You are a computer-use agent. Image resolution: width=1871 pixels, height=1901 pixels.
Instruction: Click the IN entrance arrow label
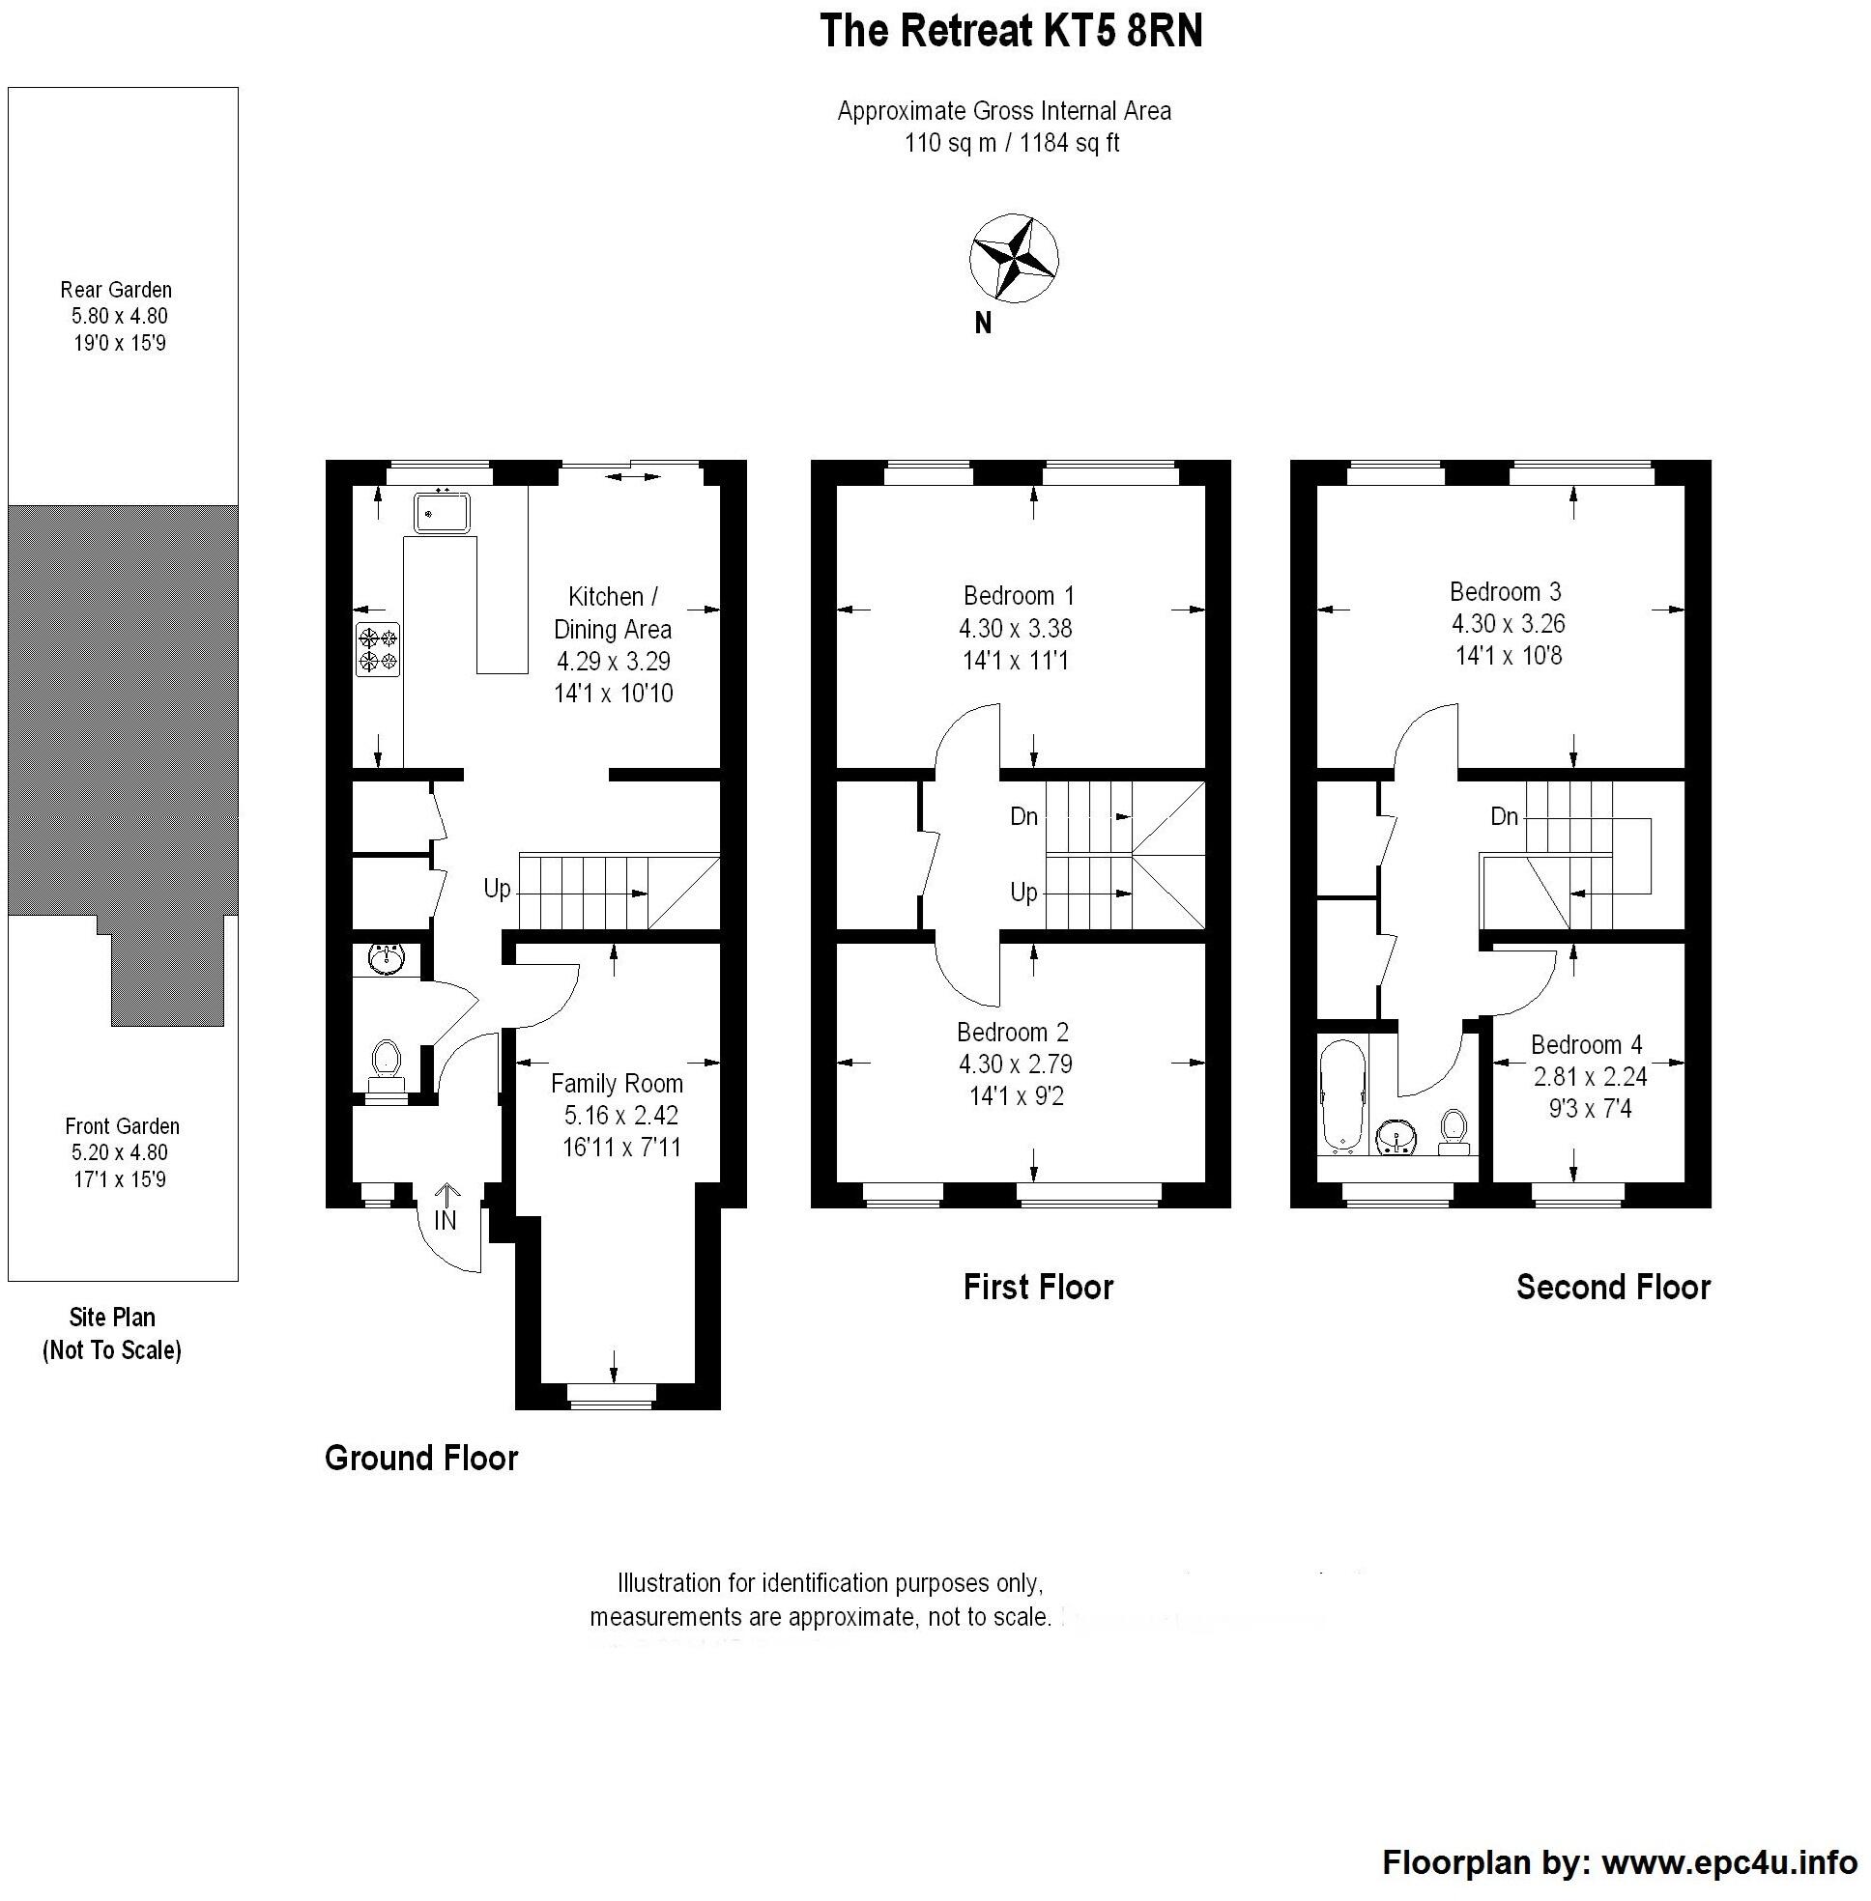pos(446,1218)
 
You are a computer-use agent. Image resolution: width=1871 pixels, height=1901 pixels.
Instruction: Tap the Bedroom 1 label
pos(1018,595)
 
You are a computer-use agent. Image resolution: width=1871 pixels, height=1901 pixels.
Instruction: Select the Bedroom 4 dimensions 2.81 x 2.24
pos(1589,1076)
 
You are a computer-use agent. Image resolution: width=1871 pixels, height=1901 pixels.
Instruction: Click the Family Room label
pos(617,1083)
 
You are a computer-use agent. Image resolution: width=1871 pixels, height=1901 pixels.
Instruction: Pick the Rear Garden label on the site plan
pos(116,290)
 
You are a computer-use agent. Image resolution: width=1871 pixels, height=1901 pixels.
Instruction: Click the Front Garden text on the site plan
pos(122,1126)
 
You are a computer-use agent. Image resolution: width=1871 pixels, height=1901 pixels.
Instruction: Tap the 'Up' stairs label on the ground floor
pos(498,888)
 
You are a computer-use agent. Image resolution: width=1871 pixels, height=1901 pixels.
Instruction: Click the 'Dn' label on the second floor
pos(1504,816)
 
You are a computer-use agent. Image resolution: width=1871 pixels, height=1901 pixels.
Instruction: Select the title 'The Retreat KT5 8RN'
pos(1011,33)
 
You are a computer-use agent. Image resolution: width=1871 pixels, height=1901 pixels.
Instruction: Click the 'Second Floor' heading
pos(1613,1287)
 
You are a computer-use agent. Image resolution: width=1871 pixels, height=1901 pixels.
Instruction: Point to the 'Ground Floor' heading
pos(420,1458)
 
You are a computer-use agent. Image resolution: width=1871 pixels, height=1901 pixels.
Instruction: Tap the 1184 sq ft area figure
pos(1070,143)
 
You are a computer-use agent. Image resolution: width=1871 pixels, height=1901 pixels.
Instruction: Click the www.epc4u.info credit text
pos(1730,1862)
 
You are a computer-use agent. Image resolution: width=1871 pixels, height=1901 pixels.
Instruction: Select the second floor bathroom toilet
pos(1453,1132)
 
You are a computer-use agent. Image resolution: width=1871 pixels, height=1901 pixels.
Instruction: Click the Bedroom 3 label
pos(1505,591)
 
